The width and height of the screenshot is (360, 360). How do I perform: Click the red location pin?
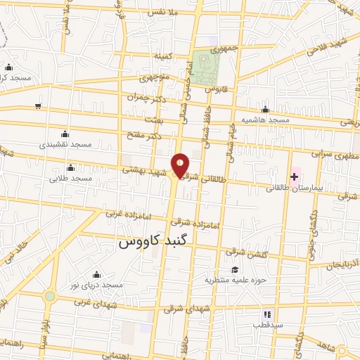click(x=181, y=165)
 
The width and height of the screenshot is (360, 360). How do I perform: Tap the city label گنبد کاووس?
click(x=155, y=243)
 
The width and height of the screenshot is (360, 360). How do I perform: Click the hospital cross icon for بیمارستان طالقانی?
click(x=294, y=174)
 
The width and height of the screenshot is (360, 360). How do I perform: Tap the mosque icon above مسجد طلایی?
click(x=70, y=167)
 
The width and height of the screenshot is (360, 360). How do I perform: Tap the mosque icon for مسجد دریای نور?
click(x=96, y=274)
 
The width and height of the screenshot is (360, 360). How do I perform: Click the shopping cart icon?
click(x=37, y=106)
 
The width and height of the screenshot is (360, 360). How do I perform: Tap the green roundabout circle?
click(x=49, y=296)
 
